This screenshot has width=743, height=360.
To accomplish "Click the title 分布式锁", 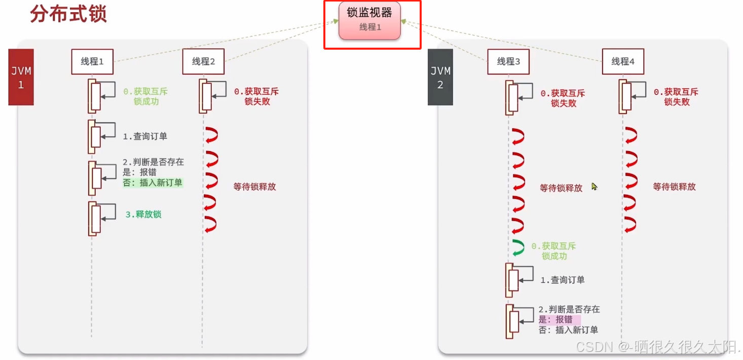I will [68, 14].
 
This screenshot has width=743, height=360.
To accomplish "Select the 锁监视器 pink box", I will [369, 20].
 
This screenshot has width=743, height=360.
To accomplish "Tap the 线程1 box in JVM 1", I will [92, 62].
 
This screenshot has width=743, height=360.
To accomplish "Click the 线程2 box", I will [203, 62].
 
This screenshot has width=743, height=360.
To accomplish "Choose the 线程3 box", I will [508, 62].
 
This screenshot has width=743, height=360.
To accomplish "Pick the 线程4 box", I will [623, 62].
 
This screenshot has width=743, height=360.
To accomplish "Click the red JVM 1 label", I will [21, 77].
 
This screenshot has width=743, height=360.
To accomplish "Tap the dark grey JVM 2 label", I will [440, 77].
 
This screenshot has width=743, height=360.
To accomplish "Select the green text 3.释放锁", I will [143, 214].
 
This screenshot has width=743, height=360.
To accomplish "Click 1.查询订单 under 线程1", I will [145, 136].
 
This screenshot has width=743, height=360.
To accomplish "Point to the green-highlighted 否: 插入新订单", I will [153, 183].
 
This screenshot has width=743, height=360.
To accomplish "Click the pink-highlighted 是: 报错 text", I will [555, 319].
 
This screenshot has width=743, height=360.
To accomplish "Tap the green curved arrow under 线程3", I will [517, 247].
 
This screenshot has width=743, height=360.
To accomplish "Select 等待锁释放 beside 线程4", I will [674, 187].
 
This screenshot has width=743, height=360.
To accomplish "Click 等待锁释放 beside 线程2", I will [254, 187].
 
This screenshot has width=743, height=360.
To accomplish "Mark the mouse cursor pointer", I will [594, 187].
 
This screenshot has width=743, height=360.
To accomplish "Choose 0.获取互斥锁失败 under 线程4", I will [676, 97].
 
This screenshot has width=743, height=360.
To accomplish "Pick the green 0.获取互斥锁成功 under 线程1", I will [145, 96].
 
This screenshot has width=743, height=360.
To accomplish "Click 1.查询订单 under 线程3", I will [562, 280].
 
